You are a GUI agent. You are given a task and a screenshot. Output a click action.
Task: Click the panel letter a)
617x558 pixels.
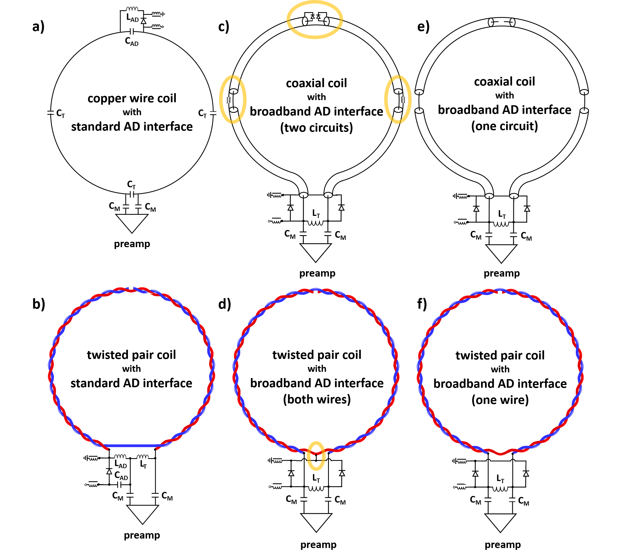38,27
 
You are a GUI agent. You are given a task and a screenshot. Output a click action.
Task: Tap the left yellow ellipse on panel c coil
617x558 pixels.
233,100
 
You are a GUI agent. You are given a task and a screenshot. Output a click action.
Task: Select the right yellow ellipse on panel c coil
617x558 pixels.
398,100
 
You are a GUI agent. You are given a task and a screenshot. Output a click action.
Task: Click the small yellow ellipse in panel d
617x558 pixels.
316,456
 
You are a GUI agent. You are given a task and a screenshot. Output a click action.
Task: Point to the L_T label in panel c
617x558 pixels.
316,213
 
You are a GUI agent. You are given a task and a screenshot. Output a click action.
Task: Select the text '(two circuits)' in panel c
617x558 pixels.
316,128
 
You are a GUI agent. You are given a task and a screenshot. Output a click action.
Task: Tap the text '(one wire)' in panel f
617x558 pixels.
500,400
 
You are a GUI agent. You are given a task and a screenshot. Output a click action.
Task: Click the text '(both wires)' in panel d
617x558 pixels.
317,399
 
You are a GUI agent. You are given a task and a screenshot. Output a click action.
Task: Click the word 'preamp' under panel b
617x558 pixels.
142,535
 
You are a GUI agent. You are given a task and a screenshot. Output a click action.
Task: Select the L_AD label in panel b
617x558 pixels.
121,464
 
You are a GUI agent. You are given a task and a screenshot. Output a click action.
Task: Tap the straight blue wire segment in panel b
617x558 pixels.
130,446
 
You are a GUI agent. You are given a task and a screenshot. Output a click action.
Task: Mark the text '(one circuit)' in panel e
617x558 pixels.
504,126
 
